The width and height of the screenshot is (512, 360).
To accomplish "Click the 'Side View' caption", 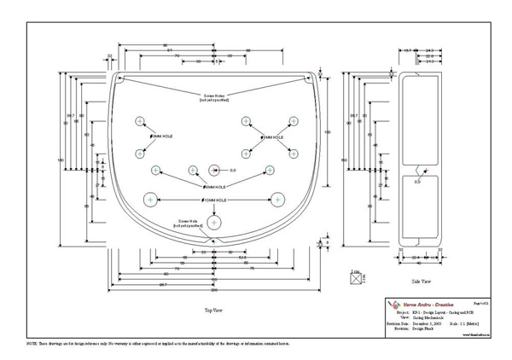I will (422, 280).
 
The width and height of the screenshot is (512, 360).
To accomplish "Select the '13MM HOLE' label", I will (213, 200).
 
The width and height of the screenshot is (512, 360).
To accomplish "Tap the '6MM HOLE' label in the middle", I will (213, 186).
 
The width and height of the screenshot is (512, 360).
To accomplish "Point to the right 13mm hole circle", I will (276, 200).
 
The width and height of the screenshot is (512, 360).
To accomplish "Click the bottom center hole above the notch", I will (213, 222).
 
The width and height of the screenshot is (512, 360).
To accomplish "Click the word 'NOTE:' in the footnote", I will (33, 341).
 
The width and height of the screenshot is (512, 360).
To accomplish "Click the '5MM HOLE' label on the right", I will (272, 136).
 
